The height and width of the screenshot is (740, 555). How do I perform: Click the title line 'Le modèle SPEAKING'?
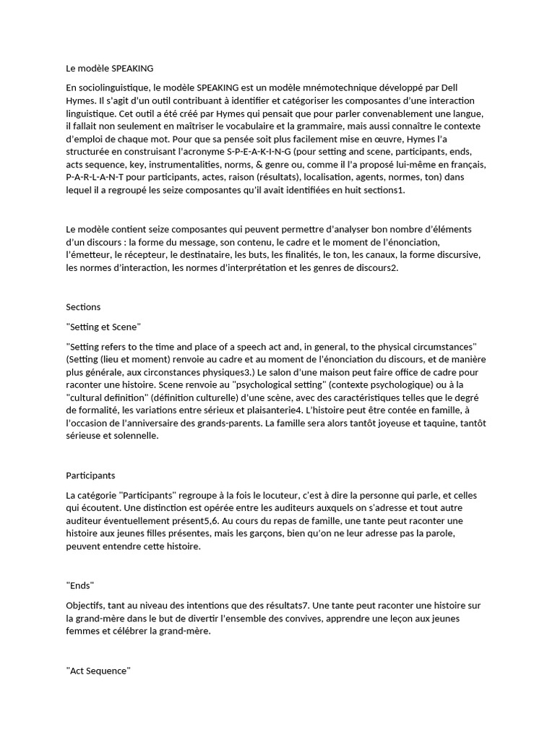109,69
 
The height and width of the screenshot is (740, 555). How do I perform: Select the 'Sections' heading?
83,307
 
